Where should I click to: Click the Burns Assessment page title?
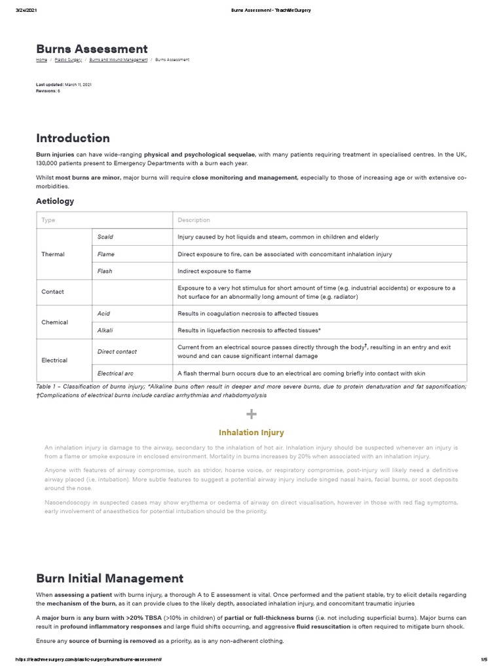point(92,49)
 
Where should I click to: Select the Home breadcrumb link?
point(41,60)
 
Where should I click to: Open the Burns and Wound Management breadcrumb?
point(117,60)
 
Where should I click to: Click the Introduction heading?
point(73,138)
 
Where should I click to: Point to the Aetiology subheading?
point(55,201)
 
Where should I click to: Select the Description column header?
point(194,220)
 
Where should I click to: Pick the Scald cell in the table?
point(105,237)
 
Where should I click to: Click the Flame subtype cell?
point(105,254)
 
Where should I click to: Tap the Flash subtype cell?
point(105,271)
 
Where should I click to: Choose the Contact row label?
point(52,292)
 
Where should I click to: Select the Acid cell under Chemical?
point(103,314)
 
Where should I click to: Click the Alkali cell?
point(105,330)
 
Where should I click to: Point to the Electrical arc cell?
point(115,373)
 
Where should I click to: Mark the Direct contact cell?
point(117,351)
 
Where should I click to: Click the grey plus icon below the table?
point(251,413)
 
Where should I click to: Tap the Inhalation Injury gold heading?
point(251,432)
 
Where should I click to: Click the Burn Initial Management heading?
point(109,579)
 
